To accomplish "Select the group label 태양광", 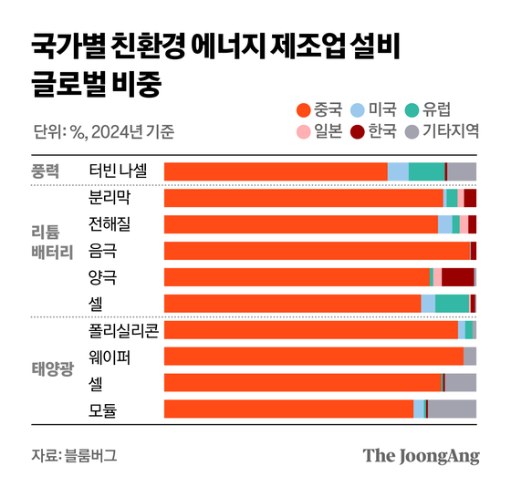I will click(52, 369).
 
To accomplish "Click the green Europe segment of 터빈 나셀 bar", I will click(426, 171).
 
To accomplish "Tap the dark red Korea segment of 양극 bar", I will click(457, 277).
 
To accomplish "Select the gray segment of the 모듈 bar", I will click(452, 409).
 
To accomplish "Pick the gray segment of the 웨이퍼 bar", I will click(470, 356).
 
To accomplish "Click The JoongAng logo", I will click(421, 455).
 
